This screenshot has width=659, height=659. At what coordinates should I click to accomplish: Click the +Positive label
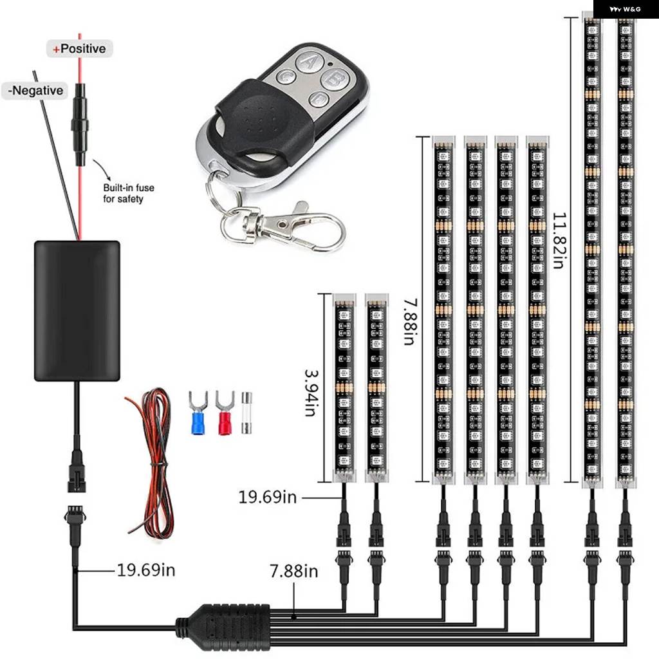(x=79, y=49)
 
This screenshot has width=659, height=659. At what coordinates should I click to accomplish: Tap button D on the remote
(x=319, y=98)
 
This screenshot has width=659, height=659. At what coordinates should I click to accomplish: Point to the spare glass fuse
(x=246, y=413)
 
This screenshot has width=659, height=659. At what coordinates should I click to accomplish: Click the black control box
(x=77, y=311)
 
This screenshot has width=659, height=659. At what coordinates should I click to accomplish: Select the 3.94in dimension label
(x=311, y=393)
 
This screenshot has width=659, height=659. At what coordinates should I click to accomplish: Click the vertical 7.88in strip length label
(x=410, y=322)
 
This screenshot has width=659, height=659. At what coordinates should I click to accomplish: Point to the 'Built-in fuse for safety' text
(x=129, y=193)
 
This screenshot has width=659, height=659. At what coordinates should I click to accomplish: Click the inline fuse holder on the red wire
(x=79, y=124)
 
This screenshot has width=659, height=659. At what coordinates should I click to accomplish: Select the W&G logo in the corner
(x=626, y=9)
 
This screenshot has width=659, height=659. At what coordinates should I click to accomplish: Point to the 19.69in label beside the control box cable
(x=146, y=570)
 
